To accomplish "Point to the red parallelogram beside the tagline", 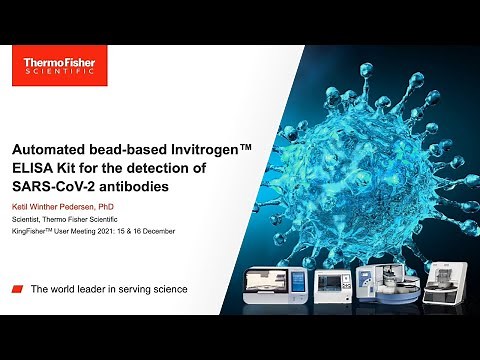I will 18,289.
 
